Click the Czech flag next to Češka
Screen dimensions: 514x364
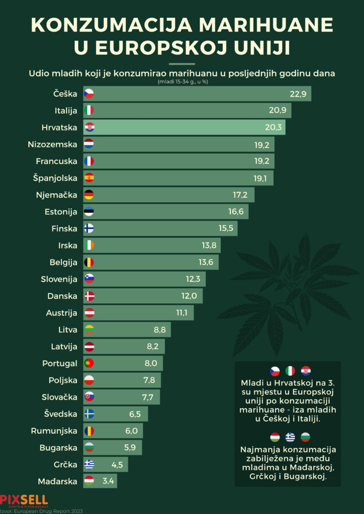89,93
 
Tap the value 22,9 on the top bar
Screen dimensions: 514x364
298,94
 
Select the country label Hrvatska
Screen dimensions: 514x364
60,127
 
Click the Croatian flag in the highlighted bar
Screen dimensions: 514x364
89,127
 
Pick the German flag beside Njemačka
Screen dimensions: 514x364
89,195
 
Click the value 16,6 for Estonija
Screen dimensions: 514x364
236,212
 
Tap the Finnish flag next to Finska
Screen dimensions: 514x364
89,228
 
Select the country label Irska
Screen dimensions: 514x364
67,245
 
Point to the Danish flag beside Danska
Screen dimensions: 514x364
89,296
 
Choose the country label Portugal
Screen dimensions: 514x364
60,363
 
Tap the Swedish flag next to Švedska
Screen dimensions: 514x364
89,414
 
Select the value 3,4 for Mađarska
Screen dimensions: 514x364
109,481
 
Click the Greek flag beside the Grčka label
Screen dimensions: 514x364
89,464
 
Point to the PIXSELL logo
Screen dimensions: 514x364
24,499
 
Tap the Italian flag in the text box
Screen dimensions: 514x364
290,371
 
